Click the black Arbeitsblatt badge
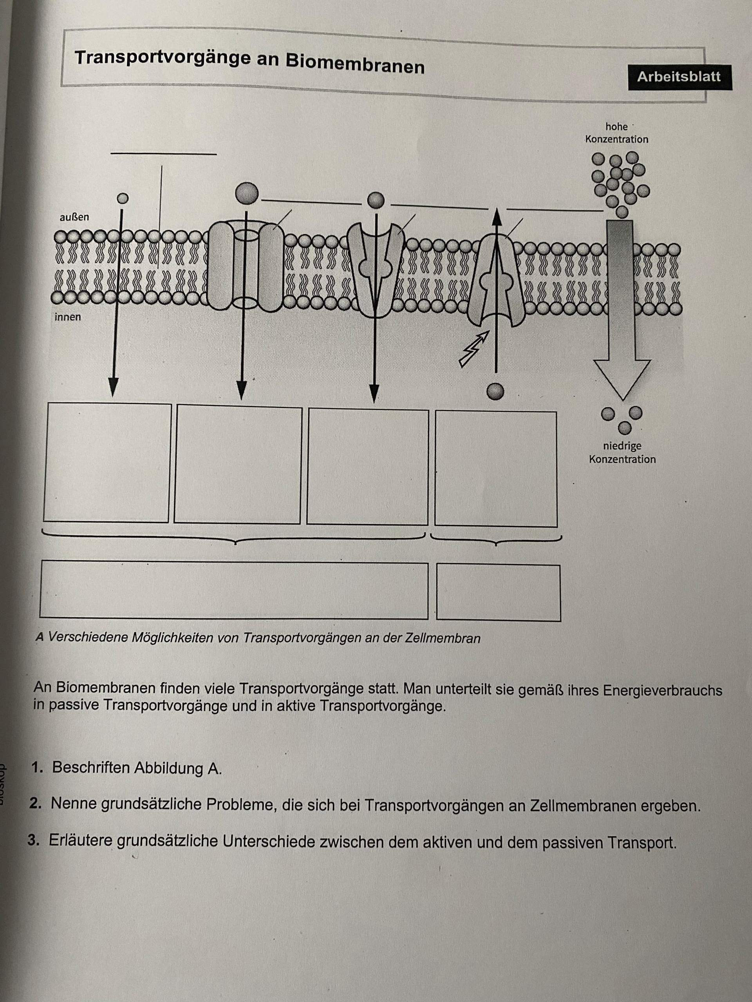pos(679,77)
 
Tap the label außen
pos(74,218)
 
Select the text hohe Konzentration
pos(616,133)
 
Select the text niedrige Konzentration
pos(622,452)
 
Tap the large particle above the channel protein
pos(247,193)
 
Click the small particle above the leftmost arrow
pos(122,198)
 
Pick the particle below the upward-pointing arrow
pos(495,391)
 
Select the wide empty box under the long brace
pos(234,590)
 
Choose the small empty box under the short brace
pos(498,593)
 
